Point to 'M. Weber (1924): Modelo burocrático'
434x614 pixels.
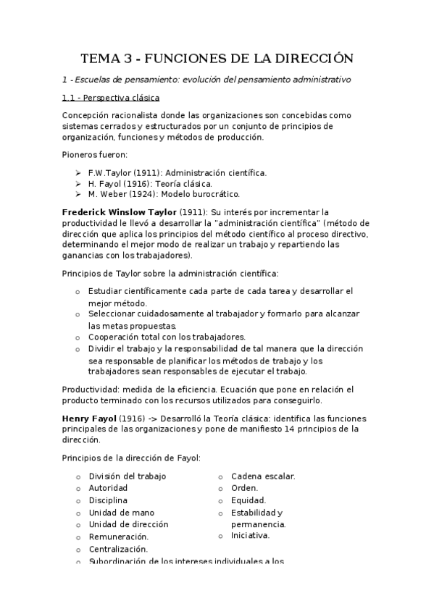(x=164, y=194)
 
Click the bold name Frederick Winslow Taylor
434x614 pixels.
(x=119, y=212)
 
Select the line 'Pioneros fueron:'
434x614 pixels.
(x=95, y=154)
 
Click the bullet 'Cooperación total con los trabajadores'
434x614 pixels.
(x=167, y=337)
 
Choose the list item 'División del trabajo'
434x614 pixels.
(x=127, y=476)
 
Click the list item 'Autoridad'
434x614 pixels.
(x=108, y=488)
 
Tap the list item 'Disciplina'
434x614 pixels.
(x=108, y=500)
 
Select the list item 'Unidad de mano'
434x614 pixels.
(x=121, y=512)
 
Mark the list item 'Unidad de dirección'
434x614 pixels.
(x=128, y=524)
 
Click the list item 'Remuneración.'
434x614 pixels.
(x=118, y=537)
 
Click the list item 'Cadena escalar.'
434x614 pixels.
(x=262, y=476)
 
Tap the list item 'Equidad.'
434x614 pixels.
(x=248, y=500)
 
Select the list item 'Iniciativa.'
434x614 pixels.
(x=250, y=536)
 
